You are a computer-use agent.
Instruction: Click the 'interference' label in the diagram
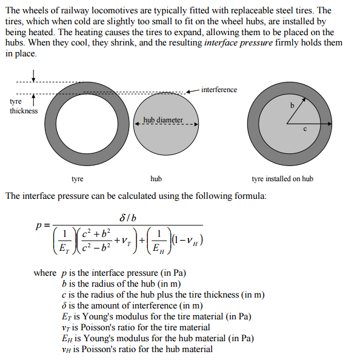tap(219, 90)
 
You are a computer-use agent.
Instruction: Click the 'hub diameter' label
tap(162, 120)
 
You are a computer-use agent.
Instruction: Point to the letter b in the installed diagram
tap(292, 105)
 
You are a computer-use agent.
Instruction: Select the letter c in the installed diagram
tap(305, 128)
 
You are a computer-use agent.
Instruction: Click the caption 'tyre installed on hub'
tap(282, 179)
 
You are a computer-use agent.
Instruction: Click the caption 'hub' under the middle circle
tap(156, 179)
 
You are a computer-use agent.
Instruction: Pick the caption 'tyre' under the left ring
tap(78, 179)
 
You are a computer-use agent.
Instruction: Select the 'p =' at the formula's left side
tap(42, 225)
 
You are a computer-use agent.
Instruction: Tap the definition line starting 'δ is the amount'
tap(132, 305)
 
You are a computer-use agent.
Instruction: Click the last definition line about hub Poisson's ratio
tap(137, 348)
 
